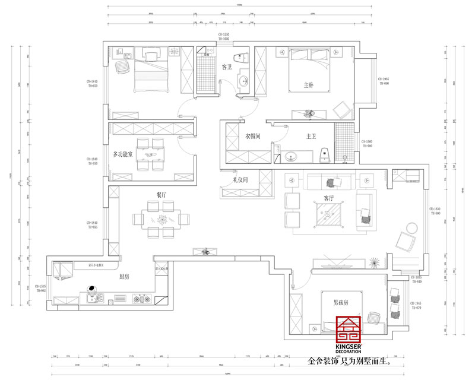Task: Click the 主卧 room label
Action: tap(308, 85)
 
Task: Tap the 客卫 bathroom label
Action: tap(226, 68)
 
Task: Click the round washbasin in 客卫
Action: tap(243, 82)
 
